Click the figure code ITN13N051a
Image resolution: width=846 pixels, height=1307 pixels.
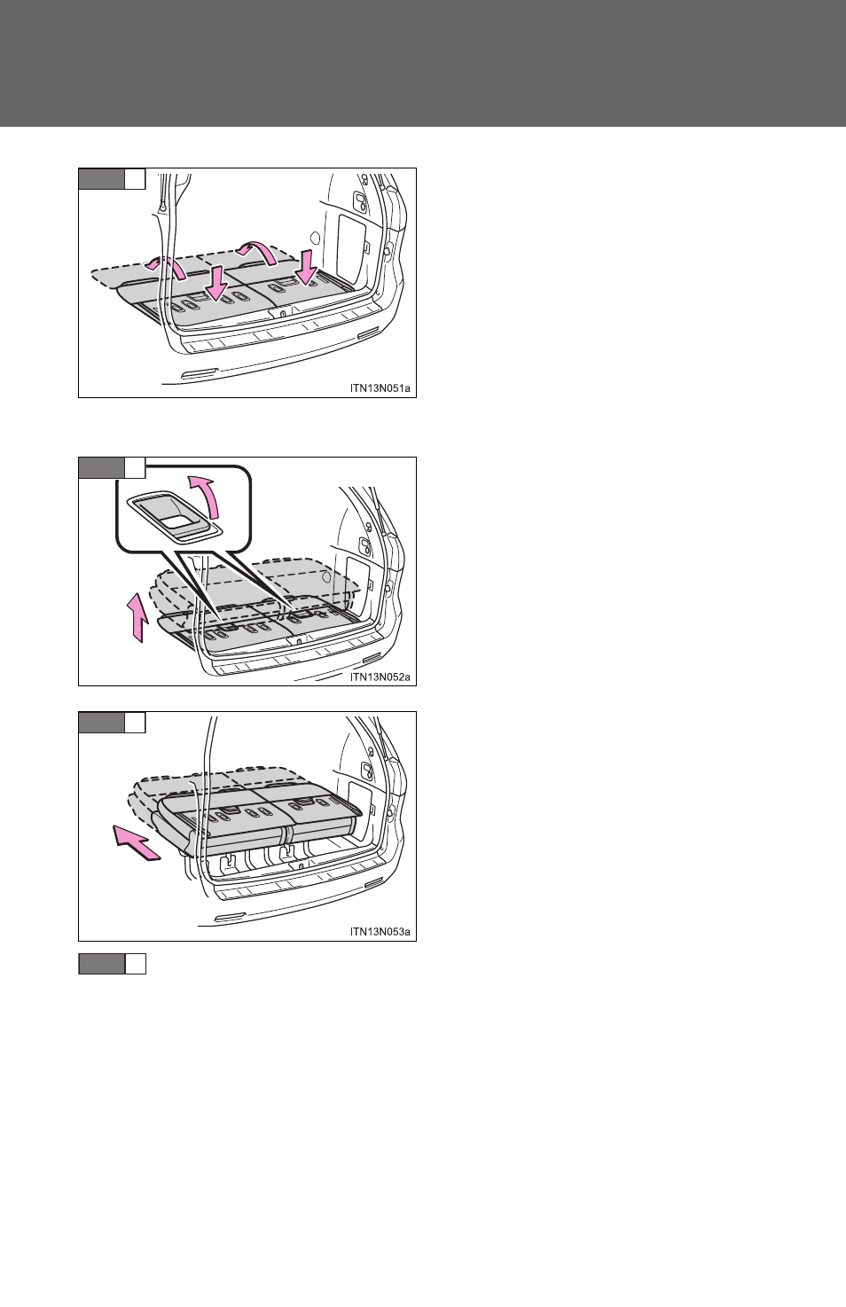pos(380,388)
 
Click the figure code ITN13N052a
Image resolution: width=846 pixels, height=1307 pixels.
pos(380,677)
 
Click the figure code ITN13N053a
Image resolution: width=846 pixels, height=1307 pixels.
pos(380,932)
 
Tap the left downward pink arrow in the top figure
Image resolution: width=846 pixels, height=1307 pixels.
pos(217,283)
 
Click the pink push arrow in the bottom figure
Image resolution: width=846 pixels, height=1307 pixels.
pos(136,842)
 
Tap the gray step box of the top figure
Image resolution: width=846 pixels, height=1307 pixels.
pos(101,178)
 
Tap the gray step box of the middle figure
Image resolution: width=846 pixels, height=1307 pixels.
pos(101,467)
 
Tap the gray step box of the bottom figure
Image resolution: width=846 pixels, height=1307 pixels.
pos(101,723)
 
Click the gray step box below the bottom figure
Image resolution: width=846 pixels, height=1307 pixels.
pos(101,964)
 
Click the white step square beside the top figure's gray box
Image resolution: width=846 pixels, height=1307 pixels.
pos(136,178)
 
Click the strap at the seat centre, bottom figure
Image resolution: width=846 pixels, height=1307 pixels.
pos(286,835)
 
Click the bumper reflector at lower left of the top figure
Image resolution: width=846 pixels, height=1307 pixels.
pos(199,373)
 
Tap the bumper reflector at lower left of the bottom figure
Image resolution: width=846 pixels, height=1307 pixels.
pos(231,918)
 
